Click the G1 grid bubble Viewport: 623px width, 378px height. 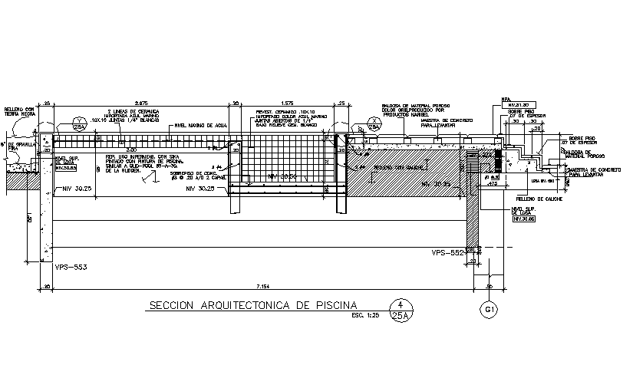(x=489, y=310)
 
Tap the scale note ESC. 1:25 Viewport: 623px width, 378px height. (x=365, y=315)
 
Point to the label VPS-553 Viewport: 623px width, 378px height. (x=71, y=267)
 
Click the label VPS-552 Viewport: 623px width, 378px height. (x=447, y=251)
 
